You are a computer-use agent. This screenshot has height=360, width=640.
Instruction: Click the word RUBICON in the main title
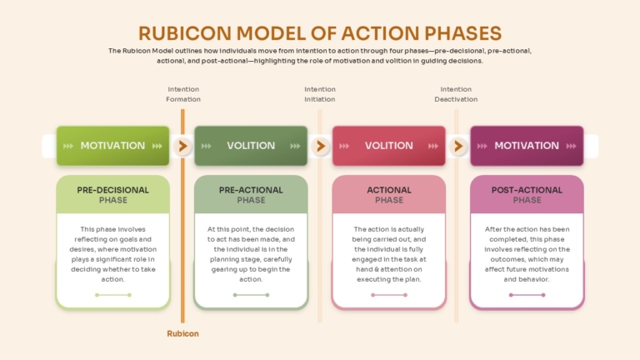(185, 33)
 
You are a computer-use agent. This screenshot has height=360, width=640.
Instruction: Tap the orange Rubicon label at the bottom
(182, 333)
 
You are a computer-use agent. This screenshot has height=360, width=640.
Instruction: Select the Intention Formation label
(183, 94)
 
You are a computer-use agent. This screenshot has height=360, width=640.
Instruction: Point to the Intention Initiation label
(320, 94)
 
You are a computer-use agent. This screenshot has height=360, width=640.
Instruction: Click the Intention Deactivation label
(456, 94)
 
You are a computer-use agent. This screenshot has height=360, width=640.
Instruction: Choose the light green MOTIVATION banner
(113, 146)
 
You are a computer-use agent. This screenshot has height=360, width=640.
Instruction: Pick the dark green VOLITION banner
(251, 146)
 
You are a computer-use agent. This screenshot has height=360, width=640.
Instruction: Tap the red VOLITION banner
(389, 146)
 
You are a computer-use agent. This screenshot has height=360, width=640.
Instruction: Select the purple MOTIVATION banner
(527, 146)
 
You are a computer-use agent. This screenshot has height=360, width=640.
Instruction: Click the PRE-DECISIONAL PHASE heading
(113, 195)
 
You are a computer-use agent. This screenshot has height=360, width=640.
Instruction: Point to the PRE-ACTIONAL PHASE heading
(251, 195)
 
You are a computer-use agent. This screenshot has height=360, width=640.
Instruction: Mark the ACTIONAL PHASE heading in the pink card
(389, 195)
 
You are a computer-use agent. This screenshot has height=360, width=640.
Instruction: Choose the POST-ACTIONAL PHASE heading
(527, 195)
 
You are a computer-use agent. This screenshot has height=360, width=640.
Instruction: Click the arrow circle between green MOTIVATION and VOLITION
(182, 146)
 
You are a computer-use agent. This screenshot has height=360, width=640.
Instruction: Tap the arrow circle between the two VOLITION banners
(320, 146)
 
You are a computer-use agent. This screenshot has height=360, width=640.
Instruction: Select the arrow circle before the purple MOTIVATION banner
(458, 146)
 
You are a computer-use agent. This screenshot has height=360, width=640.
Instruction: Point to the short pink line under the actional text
(389, 295)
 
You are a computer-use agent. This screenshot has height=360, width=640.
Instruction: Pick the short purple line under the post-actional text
(527, 295)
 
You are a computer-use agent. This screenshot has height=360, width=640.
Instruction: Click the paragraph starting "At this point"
(251, 254)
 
